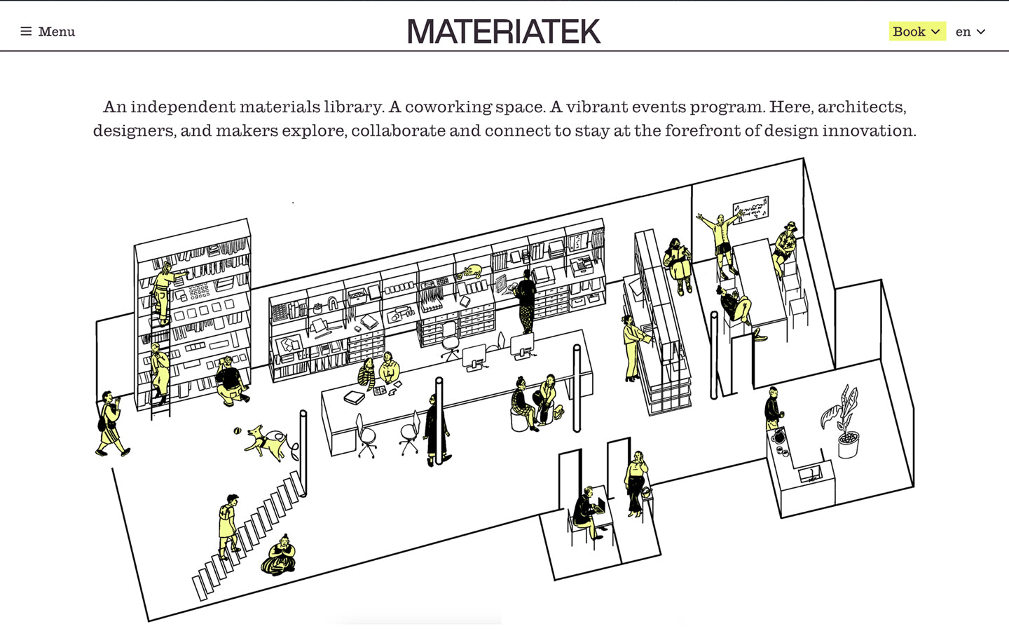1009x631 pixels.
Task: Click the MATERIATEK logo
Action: click(504, 31)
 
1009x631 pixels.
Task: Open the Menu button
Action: click(48, 32)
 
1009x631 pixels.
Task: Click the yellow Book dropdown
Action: click(917, 32)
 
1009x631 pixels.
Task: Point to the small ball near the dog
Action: click(238, 431)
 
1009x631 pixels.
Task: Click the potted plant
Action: click(842, 422)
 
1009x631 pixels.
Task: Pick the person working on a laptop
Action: click(586, 512)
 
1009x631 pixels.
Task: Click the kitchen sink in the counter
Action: click(810, 474)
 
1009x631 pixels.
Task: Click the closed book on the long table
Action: click(354, 398)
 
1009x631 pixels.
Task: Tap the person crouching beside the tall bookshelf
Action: click(231, 381)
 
